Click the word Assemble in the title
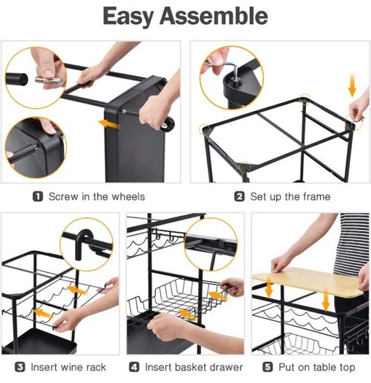[214, 16]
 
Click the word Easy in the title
[128, 17]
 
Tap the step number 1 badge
[38, 197]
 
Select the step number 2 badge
[239, 197]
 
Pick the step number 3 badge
[20, 367]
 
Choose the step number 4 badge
[134, 367]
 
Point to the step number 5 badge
[267, 367]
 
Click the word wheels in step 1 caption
[128, 197]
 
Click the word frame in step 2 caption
[316, 197]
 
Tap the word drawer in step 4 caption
[227, 367]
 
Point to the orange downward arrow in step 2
[352, 85]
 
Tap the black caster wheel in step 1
[168, 123]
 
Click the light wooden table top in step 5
[308, 281]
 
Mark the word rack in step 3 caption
[96, 367]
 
